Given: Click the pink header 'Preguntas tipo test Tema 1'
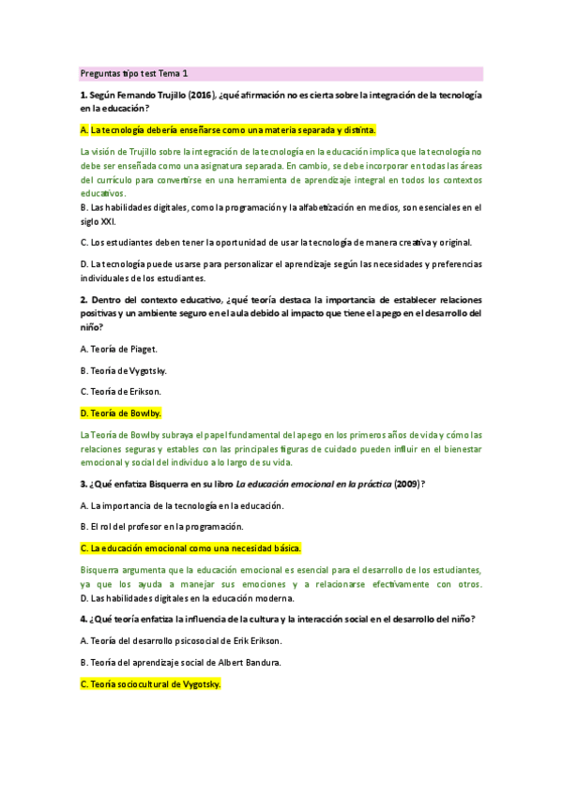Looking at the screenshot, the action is coord(134,73).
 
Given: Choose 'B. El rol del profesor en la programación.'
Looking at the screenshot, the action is coord(161,526).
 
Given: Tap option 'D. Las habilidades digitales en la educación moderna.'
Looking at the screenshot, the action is coord(187,597).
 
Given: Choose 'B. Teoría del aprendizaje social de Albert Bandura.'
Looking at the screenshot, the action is coord(180,663).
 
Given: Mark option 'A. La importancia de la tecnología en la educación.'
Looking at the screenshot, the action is coord(182,505).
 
